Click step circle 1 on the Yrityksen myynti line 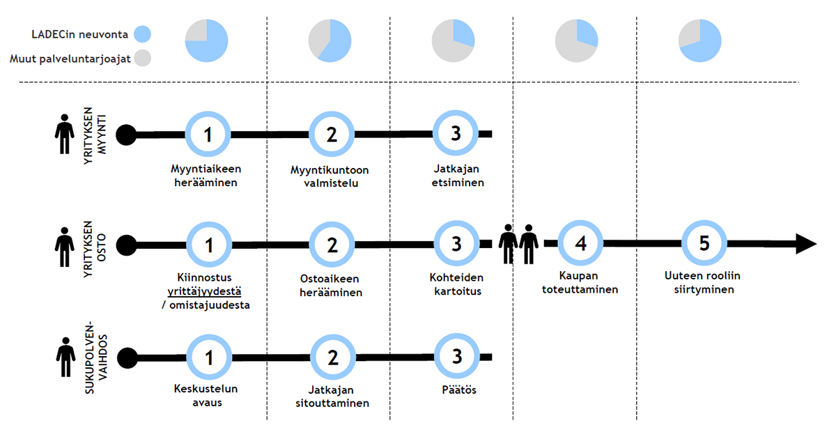click(208, 134)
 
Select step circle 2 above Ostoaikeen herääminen click(332, 245)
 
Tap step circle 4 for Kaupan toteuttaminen click(581, 245)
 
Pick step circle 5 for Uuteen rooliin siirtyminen click(704, 244)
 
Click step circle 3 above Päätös click(456, 357)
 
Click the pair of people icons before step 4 click(519, 244)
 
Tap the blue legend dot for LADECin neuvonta click(141, 33)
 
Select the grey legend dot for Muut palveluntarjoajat click(141, 59)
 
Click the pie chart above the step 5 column click(700, 41)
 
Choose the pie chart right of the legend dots click(207, 41)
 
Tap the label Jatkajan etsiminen click(456, 176)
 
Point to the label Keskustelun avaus click(208, 396)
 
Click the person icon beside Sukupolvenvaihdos click(65, 358)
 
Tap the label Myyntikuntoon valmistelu click(330, 177)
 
